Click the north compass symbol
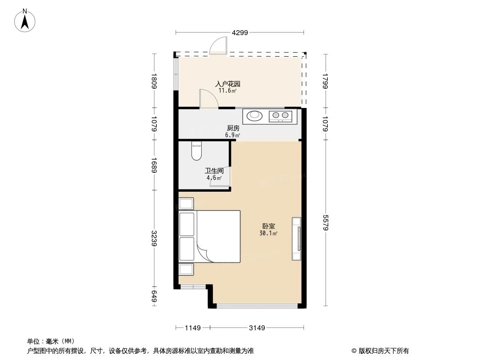click(26, 20)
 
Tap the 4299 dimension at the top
click(240, 32)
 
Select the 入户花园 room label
click(227, 84)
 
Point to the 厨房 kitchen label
click(233, 128)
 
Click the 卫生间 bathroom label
click(214, 171)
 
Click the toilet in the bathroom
click(196, 151)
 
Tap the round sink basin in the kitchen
click(255, 116)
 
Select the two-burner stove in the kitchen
click(281, 117)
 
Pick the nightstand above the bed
click(186, 203)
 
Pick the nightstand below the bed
click(186, 270)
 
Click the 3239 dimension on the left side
click(154, 238)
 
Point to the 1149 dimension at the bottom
click(193, 328)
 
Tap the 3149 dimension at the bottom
click(257, 328)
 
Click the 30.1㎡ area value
click(268, 234)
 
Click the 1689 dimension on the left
click(154, 165)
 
